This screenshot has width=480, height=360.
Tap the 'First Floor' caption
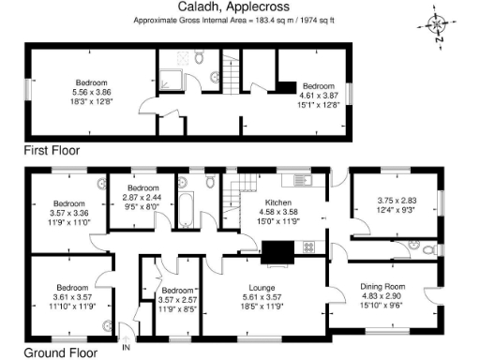[x=52, y=150]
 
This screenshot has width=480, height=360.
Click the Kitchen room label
[x=277, y=202]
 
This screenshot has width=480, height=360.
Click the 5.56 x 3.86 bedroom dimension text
[x=92, y=92]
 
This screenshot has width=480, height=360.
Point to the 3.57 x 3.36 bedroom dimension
[x=69, y=213]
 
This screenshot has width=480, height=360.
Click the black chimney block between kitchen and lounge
[x=277, y=250]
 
